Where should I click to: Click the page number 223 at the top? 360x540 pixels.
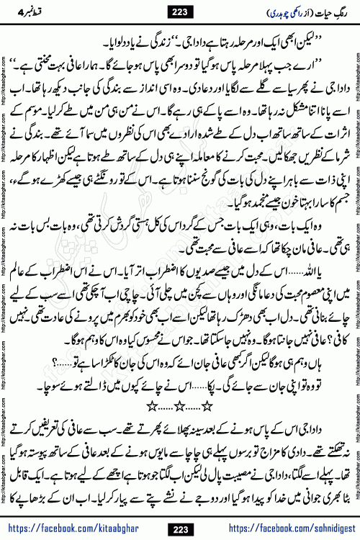point(179,12)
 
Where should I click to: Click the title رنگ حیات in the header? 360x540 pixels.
point(314,12)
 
